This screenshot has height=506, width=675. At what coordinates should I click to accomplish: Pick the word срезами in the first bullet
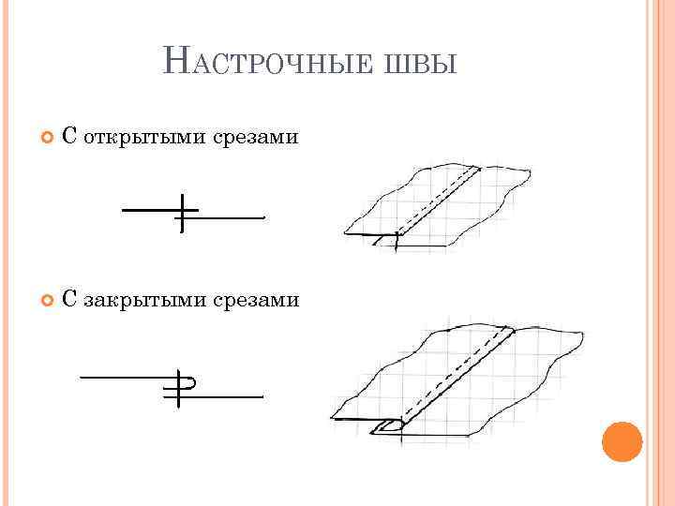(x=262, y=138)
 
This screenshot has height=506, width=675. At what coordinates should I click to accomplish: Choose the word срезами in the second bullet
(x=262, y=300)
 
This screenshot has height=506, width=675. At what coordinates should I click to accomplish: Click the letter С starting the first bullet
(x=69, y=138)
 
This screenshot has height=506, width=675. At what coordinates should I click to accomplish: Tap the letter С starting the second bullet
(x=69, y=300)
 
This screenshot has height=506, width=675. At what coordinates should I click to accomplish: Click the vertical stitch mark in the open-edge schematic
(x=183, y=214)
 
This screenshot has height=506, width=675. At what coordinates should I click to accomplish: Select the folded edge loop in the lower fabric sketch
(x=386, y=428)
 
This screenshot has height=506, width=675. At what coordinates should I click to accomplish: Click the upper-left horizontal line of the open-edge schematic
(x=150, y=209)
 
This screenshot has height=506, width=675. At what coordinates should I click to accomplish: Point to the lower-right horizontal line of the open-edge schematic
(x=230, y=217)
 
